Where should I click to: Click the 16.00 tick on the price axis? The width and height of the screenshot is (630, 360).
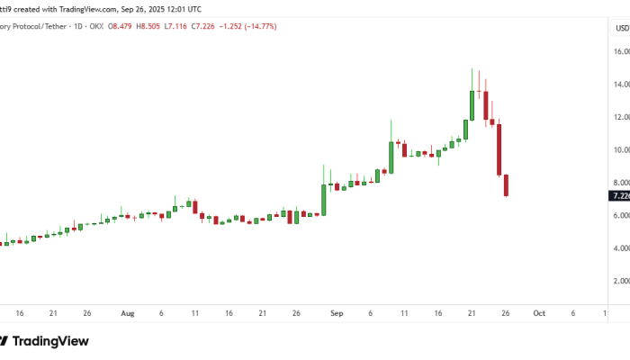(x=621, y=52)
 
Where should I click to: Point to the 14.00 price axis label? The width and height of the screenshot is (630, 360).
(x=621, y=85)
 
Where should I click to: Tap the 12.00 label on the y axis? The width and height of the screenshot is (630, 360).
(x=621, y=117)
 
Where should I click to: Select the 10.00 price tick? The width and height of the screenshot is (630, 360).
(x=621, y=150)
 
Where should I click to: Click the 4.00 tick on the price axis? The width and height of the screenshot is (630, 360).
(x=621, y=248)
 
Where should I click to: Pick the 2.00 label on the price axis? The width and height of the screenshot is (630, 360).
(x=621, y=281)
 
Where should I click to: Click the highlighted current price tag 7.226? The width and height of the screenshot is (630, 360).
(x=620, y=195)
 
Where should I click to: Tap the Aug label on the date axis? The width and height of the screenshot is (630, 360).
(x=127, y=313)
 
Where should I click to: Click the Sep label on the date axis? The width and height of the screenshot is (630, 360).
(x=337, y=313)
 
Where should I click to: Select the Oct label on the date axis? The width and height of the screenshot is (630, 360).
(x=538, y=313)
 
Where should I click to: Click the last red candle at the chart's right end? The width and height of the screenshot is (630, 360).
(x=507, y=185)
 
